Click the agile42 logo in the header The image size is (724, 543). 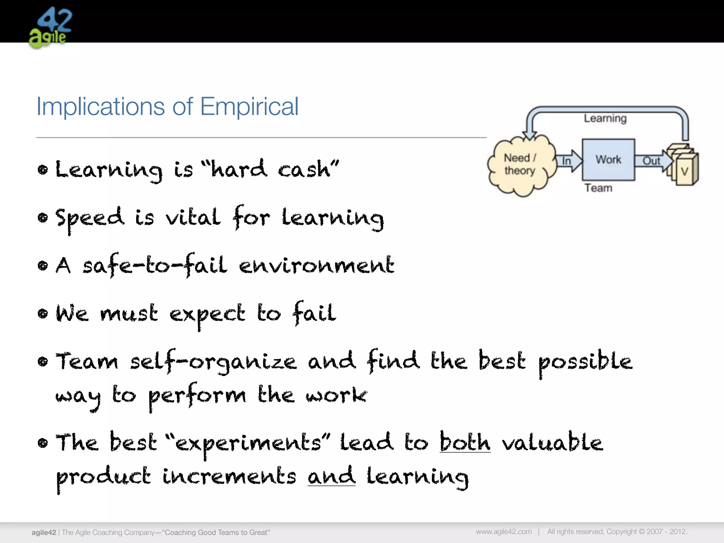point(50,28)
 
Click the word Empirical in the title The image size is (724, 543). point(249,106)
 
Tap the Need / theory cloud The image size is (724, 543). point(520,165)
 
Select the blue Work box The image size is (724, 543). point(608,160)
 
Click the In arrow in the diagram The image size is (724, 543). point(568,161)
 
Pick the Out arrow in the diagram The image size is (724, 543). point(652,161)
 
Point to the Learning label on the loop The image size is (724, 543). point(605,118)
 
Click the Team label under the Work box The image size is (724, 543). point(598,188)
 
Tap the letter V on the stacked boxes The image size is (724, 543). point(685,172)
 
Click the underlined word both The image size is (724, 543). point(465,442)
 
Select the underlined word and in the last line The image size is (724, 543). point(331,476)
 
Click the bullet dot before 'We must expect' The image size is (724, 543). point(43,314)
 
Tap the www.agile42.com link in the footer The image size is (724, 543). point(504,532)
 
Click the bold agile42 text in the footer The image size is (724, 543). point(44,532)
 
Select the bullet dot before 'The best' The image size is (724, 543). point(43,443)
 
